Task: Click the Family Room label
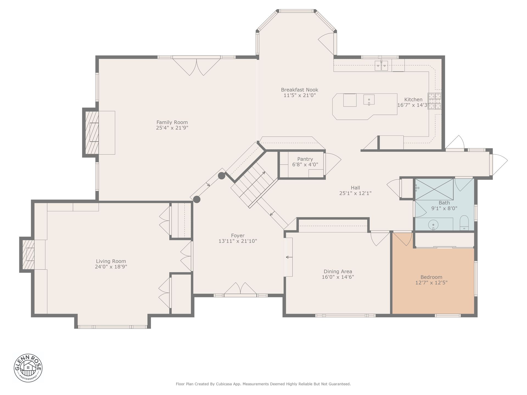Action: click(x=172, y=122)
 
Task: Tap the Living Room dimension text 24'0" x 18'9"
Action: click(x=111, y=267)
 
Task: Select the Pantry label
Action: click(x=305, y=159)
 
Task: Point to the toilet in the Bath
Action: click(x=464, y=222)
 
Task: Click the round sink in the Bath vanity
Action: click(x=433, y=225)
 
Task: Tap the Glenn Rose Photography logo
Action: click(x=28, y=368)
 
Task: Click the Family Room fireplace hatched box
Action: click(x=92, y=132)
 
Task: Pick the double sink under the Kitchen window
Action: click(x=381, y=66)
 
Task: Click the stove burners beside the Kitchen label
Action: click(x=434, y=101)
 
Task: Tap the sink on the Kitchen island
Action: click(x=369, y=100)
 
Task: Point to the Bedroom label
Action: click(x=431, y=277)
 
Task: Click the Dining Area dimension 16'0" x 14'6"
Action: click(x=338, y=277)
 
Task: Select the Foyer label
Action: click(x=238, y=236)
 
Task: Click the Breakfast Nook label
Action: click(x=299, y=90)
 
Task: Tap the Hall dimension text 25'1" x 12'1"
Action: click(x=355, y=193)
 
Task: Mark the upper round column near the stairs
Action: click(x=222, y=176)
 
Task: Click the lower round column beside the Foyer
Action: click(x=197, y=199)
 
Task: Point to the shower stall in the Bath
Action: click(x=434, y=189)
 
